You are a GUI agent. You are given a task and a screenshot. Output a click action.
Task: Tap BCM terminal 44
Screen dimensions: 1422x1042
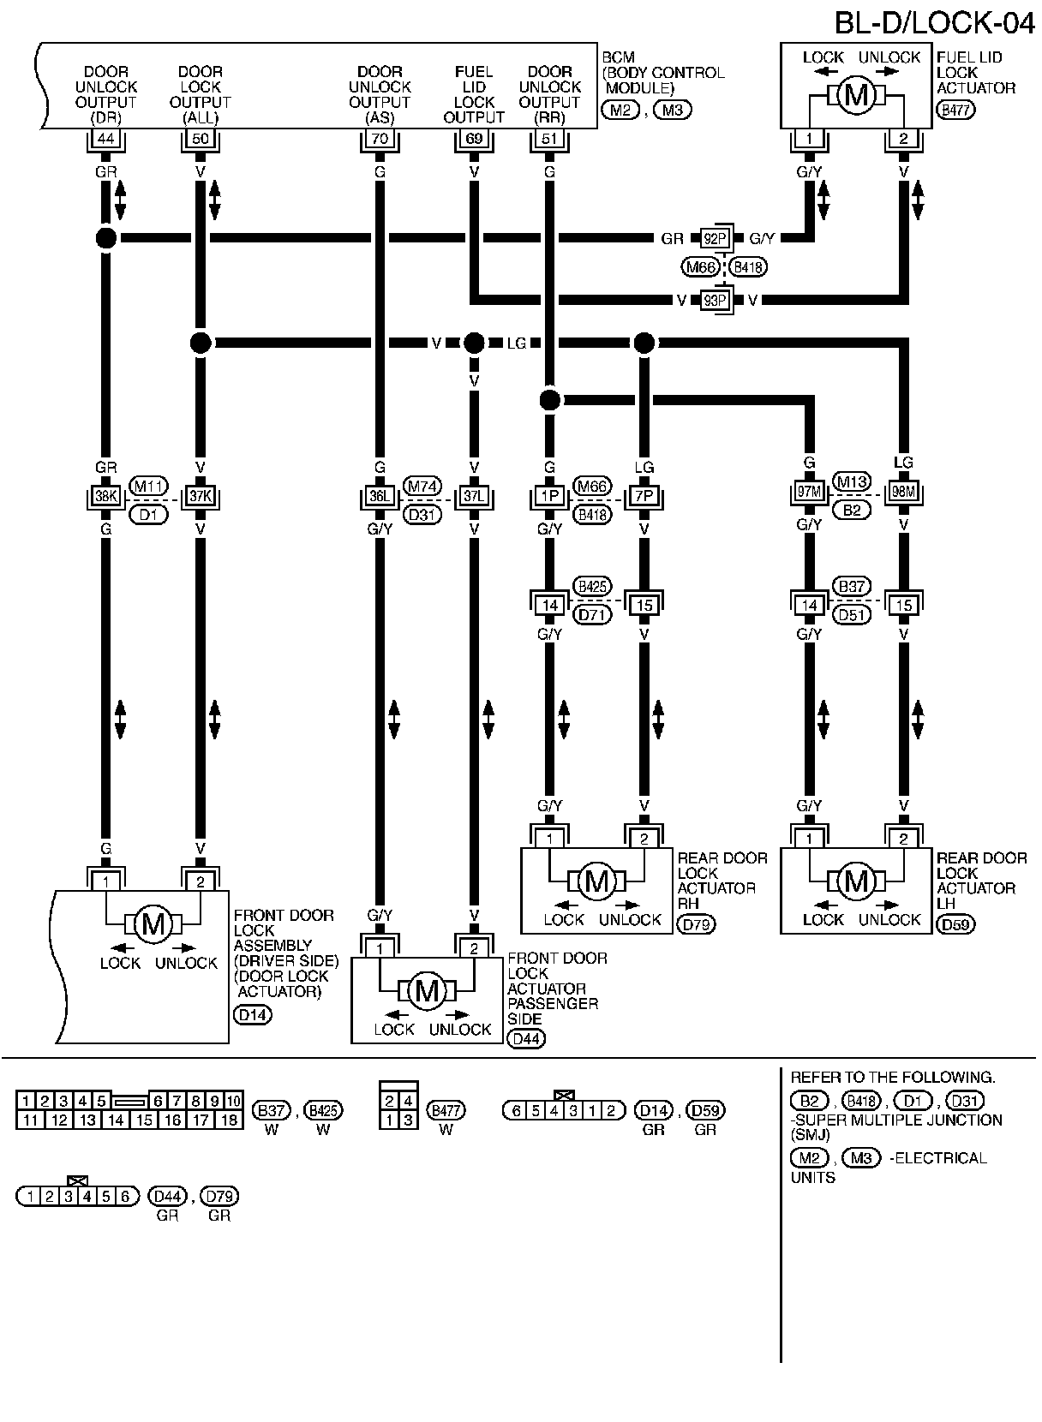105,138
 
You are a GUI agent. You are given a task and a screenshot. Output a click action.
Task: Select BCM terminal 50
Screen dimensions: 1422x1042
200,138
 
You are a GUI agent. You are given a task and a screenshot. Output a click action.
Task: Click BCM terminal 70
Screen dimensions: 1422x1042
380,138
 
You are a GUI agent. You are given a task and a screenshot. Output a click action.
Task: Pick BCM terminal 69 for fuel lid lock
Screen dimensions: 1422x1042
474,138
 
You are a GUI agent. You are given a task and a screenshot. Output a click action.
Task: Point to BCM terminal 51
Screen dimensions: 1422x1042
550,138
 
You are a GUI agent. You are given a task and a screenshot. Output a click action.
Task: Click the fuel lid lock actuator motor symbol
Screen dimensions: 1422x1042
855,95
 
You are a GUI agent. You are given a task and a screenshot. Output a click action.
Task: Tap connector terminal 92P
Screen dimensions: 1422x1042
716,238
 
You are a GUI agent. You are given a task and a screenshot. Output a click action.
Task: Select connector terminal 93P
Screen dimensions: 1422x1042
716,300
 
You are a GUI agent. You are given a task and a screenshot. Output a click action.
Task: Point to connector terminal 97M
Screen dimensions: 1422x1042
808,493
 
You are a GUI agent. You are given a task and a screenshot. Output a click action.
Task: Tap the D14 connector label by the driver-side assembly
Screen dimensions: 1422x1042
252,1015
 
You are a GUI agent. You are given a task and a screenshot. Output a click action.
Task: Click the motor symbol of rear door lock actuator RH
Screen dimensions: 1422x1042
596,881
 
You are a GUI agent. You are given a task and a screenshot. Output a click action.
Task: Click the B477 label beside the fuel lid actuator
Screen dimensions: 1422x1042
955,110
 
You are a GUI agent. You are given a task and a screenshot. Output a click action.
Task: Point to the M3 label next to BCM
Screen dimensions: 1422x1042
671,110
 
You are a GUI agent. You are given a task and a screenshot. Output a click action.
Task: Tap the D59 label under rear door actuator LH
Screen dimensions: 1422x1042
956,924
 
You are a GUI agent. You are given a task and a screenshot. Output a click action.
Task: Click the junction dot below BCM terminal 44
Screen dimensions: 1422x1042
105,238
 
